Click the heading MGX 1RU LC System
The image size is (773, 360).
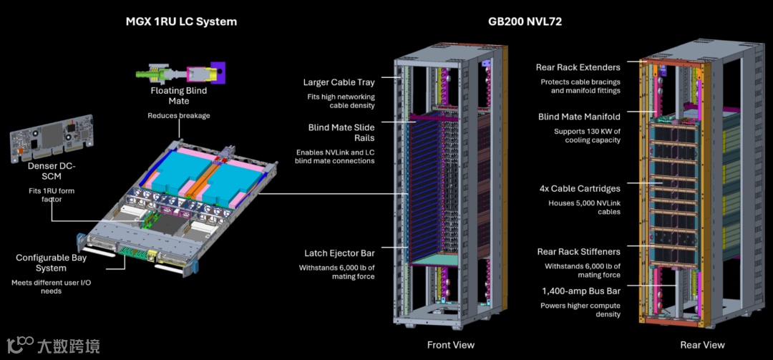[181, 21]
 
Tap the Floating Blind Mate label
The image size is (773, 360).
[178, 96]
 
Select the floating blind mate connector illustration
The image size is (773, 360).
[180, 73]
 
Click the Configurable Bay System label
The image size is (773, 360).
[52, 263]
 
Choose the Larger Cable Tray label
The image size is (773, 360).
[339, 82]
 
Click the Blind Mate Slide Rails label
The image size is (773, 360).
[341, 132]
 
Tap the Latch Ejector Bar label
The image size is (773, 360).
[339, 253]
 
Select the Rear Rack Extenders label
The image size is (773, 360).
[578, 67]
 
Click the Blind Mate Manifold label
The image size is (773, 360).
[579, 117]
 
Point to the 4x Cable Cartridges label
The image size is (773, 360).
[580, 189]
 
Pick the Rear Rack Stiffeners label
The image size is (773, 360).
[579, 252]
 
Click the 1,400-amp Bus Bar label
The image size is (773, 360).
[580, 291]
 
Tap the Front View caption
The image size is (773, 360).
[450, 345]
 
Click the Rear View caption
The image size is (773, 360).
[702, 345]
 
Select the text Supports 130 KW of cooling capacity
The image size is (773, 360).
[587, 136]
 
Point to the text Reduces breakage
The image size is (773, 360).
[179, 116]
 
